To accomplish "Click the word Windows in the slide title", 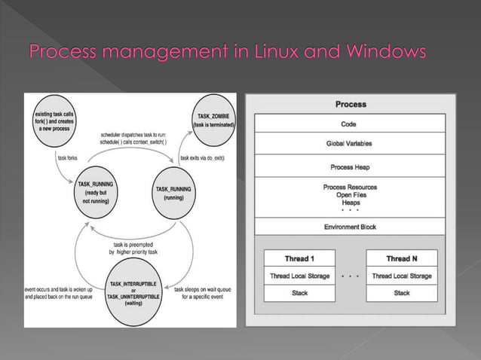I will pos(384,53).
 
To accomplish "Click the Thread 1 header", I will pos(300,258).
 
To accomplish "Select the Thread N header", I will pos(402,258).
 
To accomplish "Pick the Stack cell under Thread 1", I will pos(300,293).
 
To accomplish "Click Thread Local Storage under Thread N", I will pos(402,276).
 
